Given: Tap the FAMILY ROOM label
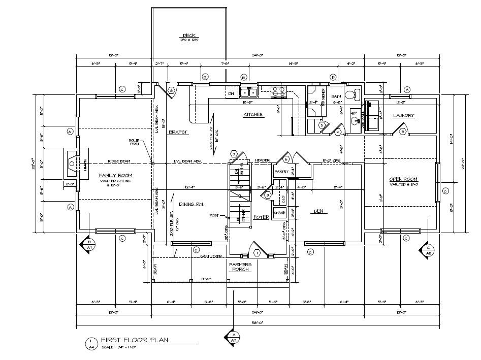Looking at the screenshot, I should click(x=116, y=175).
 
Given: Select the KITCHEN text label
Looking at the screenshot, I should click(x=253, y=115).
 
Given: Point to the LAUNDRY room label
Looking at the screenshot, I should click(x=404, y=116).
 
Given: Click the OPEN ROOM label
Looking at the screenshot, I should click(x=403, y=179).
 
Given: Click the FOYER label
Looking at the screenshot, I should click(x=261, y=217).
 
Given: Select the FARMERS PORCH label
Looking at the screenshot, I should click(x=240, y=267).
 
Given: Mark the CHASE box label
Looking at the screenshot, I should click(x=280, y=213).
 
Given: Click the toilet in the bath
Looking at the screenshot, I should click(x=351, y=94).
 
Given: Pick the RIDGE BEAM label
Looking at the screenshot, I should click(x=119, y=161).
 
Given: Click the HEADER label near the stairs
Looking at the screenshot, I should click(x=262, y=160).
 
